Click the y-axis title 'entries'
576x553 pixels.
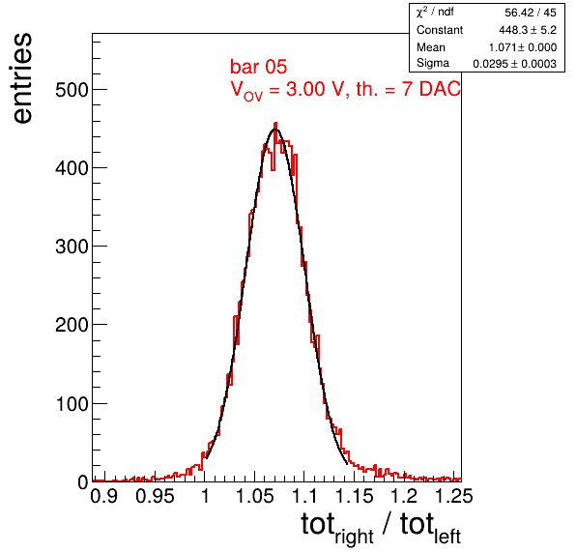23,78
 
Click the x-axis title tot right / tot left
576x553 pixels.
381,527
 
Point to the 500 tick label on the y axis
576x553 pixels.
72,90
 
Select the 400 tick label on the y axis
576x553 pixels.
72,168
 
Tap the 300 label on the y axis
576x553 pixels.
72,247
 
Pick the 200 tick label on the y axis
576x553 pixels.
72,325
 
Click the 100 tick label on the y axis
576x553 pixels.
72,403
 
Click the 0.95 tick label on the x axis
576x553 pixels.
155,496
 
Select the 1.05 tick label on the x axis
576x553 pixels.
254,496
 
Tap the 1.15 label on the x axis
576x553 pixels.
354,496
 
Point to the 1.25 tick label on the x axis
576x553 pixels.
453,496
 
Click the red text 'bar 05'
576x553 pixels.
258,67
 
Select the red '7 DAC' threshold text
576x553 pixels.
431,89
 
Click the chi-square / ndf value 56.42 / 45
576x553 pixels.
531,13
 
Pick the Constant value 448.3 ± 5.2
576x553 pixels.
528,30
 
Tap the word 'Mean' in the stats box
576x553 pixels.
430,47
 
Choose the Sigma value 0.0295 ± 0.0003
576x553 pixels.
515,64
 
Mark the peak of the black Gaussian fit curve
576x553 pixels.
275,130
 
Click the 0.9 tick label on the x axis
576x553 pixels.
104,496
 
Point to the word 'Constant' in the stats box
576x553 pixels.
440,30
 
